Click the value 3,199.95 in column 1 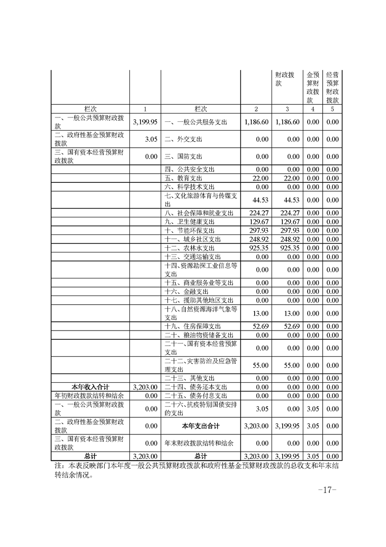coord(145,122)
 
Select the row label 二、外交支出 coord(183,139)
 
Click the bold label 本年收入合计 coord(91,386)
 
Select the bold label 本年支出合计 coord(201,426)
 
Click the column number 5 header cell coord(332,109)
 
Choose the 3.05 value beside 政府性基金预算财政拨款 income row coord(150,139)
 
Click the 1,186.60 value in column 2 coord(257,122)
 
